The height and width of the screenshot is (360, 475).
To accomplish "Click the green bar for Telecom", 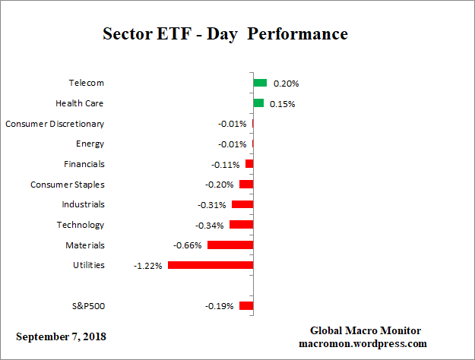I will click(x=260, y=83).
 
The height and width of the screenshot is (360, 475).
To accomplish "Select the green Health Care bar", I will click(x=258, y=103).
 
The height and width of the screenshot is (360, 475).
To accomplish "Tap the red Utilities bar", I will click(x=211, y=265).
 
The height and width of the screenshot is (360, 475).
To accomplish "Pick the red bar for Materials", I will click(x=230, y=245).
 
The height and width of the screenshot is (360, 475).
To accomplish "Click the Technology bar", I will click(x=241, y=225).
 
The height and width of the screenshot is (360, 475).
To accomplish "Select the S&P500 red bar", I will click(x=246, y=306).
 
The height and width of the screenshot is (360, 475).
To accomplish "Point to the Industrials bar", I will click(x=242, y=204).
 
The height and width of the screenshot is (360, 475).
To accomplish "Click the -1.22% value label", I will click(x=147, y=266).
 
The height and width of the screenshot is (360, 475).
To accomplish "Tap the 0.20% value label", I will click(x=285, y=84).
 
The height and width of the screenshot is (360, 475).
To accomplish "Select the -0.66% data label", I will click(x=188, y=245).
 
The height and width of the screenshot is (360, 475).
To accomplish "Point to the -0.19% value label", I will click(x=220, y=306).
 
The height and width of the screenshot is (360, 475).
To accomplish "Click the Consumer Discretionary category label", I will click(x=55, y=124).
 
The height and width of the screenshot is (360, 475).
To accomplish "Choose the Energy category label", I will click(x=90, y=144).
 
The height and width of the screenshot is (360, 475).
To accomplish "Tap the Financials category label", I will click(x=84, y=164).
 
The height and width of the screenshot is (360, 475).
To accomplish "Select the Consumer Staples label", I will click(x=68, y=185).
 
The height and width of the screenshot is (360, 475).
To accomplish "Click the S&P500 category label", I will click(x=87, y=306).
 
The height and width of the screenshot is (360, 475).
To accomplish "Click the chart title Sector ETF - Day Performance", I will click(x=225, y=34).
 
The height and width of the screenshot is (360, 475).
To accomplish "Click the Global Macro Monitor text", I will click(x=366, y=330).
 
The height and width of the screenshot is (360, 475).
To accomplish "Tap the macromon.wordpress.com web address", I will click(x=366, y=343).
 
